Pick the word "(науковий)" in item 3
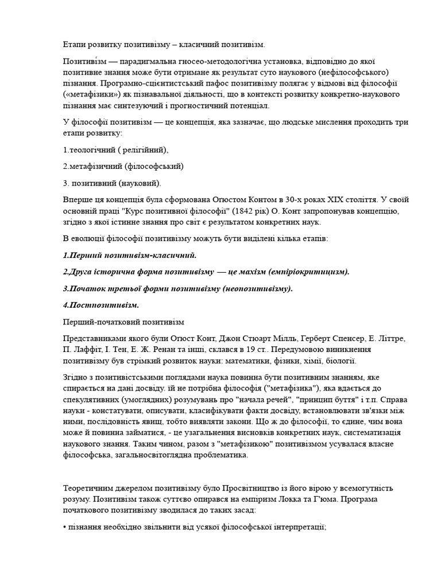pos(140,183)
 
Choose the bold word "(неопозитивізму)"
pos(257,288)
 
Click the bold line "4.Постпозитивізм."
pos(100,304)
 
